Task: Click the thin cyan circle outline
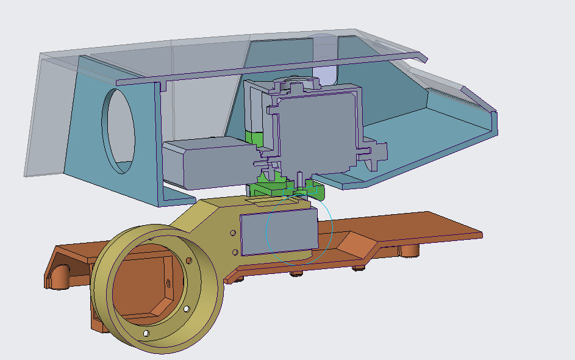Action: coord(332,229)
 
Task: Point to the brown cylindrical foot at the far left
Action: coord(60,277)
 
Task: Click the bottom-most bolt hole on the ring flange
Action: coord(146,334)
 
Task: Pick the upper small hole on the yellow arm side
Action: coord(232,233)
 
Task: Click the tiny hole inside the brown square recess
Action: coord(168,282)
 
